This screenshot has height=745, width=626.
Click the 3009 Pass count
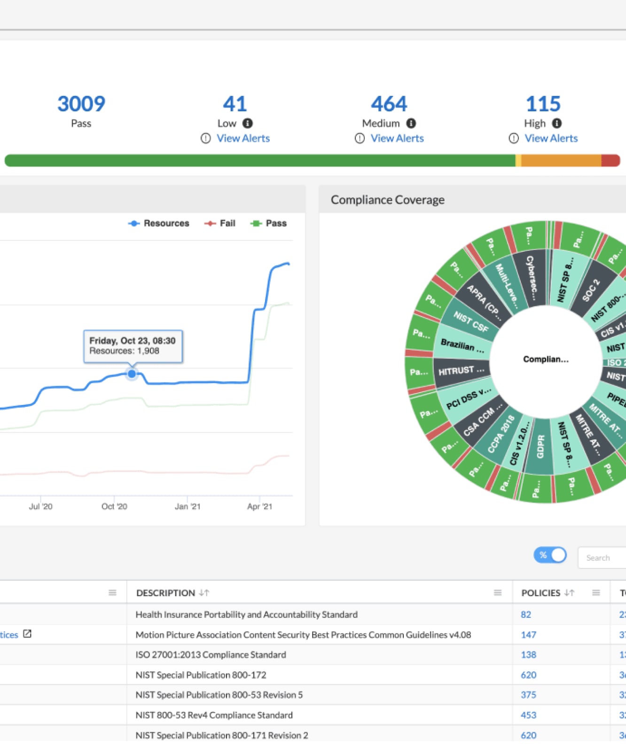tap(81, 104)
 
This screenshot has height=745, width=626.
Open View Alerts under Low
tap(243, 139)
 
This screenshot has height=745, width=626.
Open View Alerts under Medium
tap(397, 139)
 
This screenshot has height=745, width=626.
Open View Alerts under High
tap(551, 139)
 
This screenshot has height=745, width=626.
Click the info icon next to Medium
tap(411, 124)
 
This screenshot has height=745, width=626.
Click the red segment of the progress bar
tap(610, 161)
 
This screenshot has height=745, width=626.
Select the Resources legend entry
tap(159, 224)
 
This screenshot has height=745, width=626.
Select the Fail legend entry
tap(220, 224)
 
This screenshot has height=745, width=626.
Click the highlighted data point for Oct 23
tap(132, 374)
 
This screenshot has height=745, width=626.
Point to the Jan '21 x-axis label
tap(188, 507)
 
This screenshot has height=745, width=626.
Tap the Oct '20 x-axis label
tap(114, 507)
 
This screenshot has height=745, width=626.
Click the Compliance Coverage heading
tap(387, 200)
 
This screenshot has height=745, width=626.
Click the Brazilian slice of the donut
tap(462, 346)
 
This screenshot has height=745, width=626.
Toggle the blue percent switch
tap(550, 555)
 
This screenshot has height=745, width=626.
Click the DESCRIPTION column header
tap(165, 593)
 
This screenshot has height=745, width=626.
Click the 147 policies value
tap(528, 635)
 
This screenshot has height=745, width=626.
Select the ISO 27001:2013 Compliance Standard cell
tap(211, 655)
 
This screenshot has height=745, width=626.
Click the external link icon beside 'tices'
tap(27, 634)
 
